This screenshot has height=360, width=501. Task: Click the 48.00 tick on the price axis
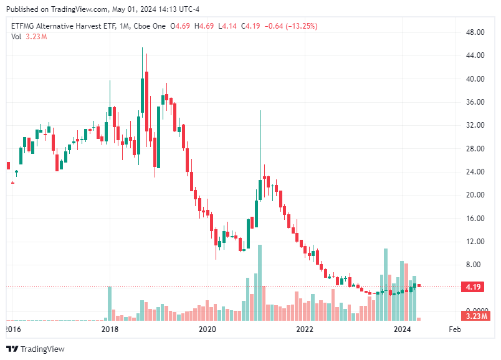[x=476, y=32]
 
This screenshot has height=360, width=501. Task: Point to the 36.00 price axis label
[x=476, y=102]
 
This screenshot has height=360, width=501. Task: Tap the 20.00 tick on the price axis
[x=476, y=195]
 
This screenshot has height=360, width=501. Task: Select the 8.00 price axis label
[x=476, y=265]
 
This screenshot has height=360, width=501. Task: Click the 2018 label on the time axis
[x=110, y=329]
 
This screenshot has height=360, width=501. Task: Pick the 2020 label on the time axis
[x=207, y=329]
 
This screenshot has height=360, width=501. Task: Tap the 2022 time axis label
[x=305, y=329]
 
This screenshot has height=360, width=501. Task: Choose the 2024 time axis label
[x=403, y=329]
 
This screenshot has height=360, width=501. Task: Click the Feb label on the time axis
[x=454, y=329]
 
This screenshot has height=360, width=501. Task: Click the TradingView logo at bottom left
[x=36, y=349]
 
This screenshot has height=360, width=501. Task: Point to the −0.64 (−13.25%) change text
[x=291, y=26]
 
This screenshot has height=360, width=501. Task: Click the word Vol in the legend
[x=16, y=37]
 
